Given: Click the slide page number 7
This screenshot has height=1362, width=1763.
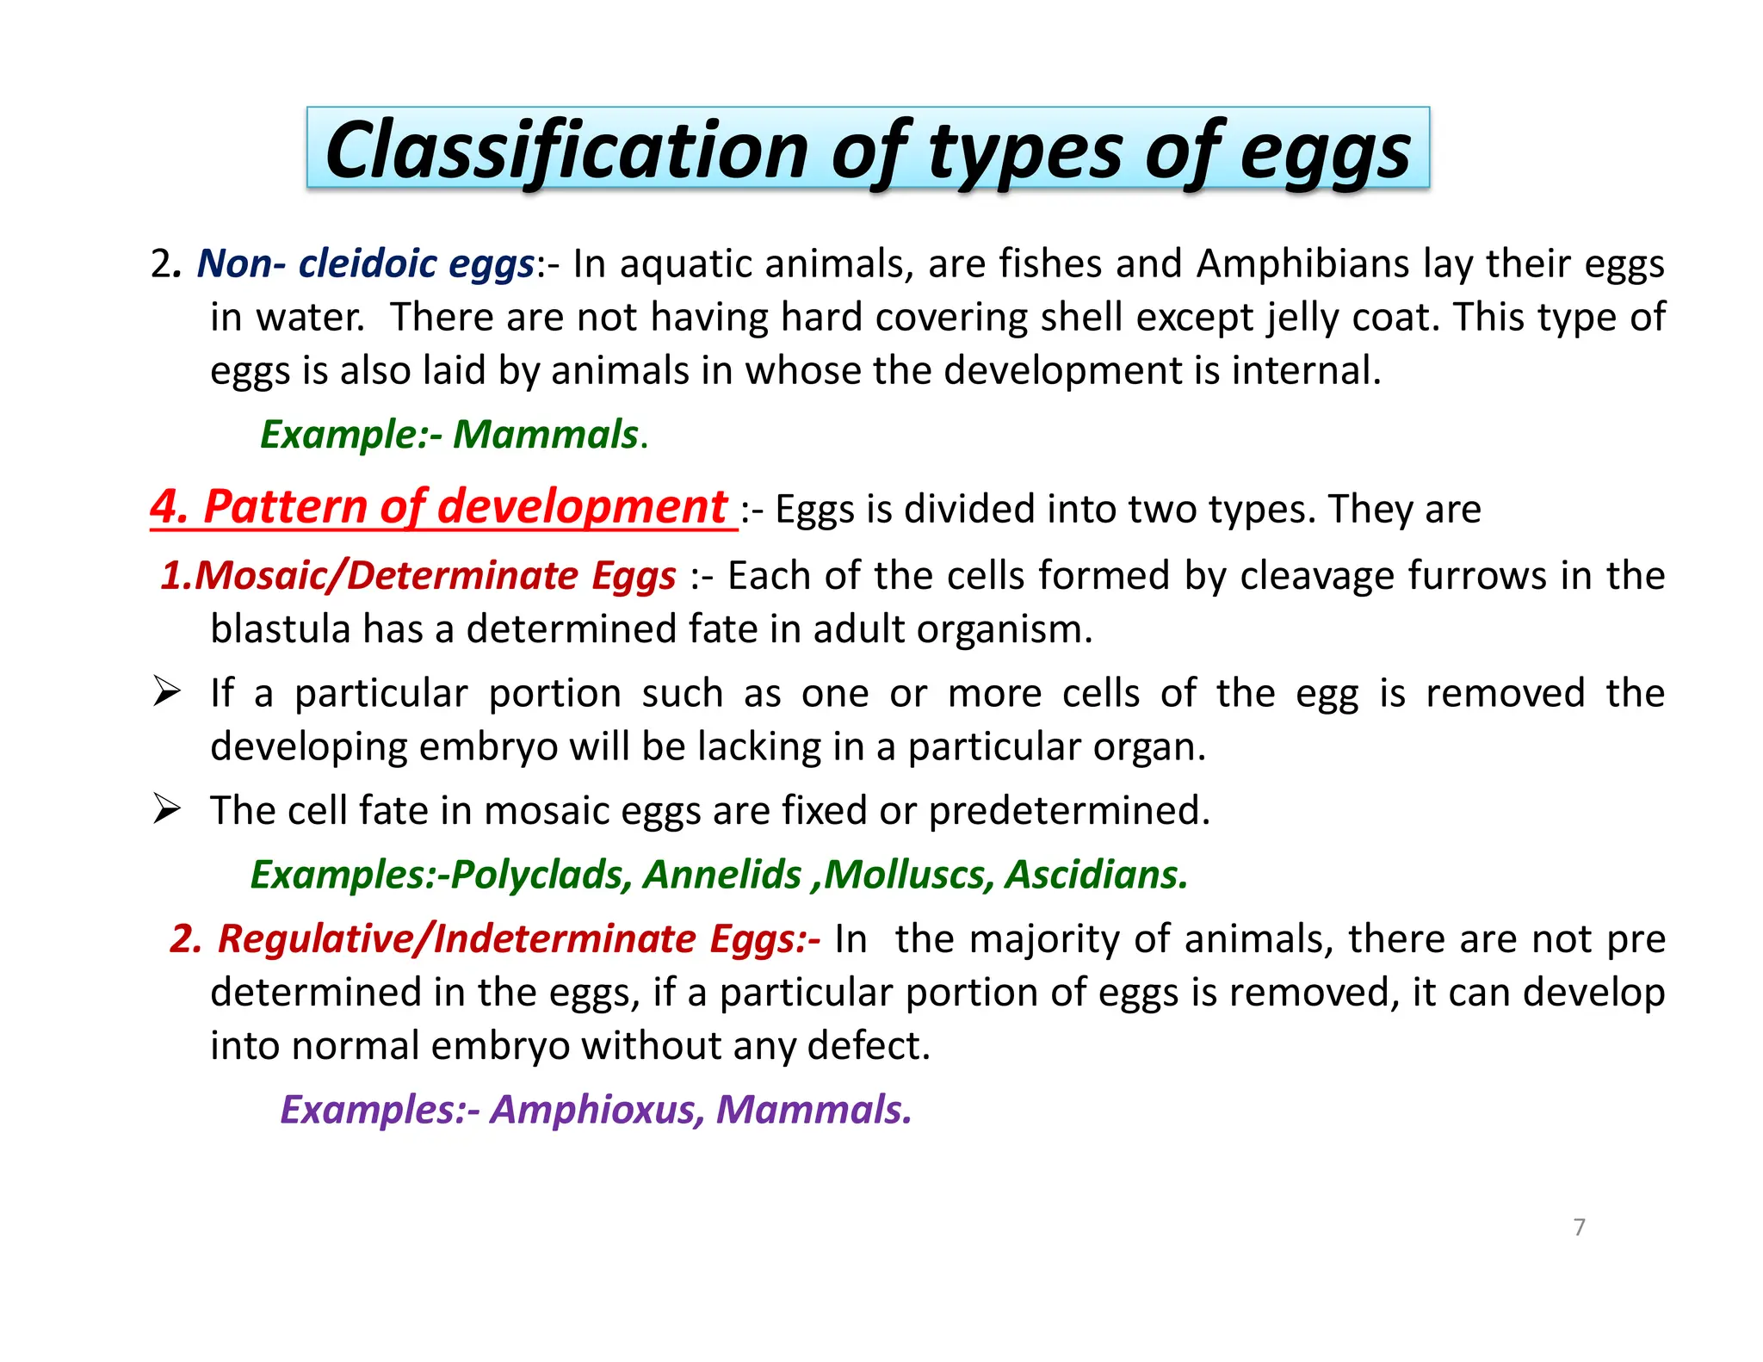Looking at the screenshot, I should click(1579, 1227).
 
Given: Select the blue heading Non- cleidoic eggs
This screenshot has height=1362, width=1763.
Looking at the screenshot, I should click(366, 263).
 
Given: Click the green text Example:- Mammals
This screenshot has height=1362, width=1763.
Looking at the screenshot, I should click(452, 434).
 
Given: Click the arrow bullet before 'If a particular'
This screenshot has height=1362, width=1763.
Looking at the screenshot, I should click(166, 691).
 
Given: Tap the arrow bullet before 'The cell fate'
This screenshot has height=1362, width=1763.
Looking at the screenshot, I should click(166, 809).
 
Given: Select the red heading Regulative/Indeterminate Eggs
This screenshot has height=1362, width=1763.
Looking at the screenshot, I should click(495, 938).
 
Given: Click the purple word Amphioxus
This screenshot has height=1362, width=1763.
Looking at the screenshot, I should click(595, 1110).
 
